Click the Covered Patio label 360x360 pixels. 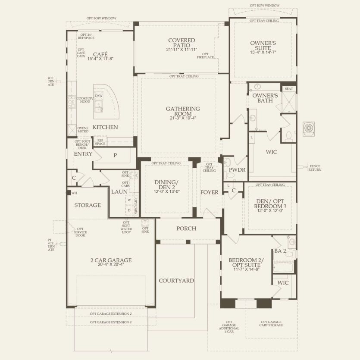pyautogui.click(x=181, y=44)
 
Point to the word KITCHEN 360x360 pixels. pyautogui.click(x=105, y=127)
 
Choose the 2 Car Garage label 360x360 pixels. pyautogui.click(x=111, y=260)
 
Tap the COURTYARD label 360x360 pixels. pyautogui.click(x=176, y=281)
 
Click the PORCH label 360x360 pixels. pyautogui.click(x=186, y=229)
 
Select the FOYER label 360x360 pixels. pyautogui.click(x=210, y=192)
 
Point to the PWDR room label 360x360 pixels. pyautogui.click(x=237, y=170)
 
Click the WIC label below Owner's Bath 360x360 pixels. pyautogui.click(x=272, y=152)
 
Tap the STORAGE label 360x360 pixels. pyautogui.click(x=88, y=205)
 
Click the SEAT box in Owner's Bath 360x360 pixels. pyautogui.click(x=288, y=88)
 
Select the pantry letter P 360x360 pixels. pyautogui.click(x=115, y=156)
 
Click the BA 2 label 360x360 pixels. pyautogui.click(x=280, y=251)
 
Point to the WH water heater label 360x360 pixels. pyautogui.click(x=74, y=193)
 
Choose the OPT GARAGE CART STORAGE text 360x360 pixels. pyautogui.click(x=271, y=324)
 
